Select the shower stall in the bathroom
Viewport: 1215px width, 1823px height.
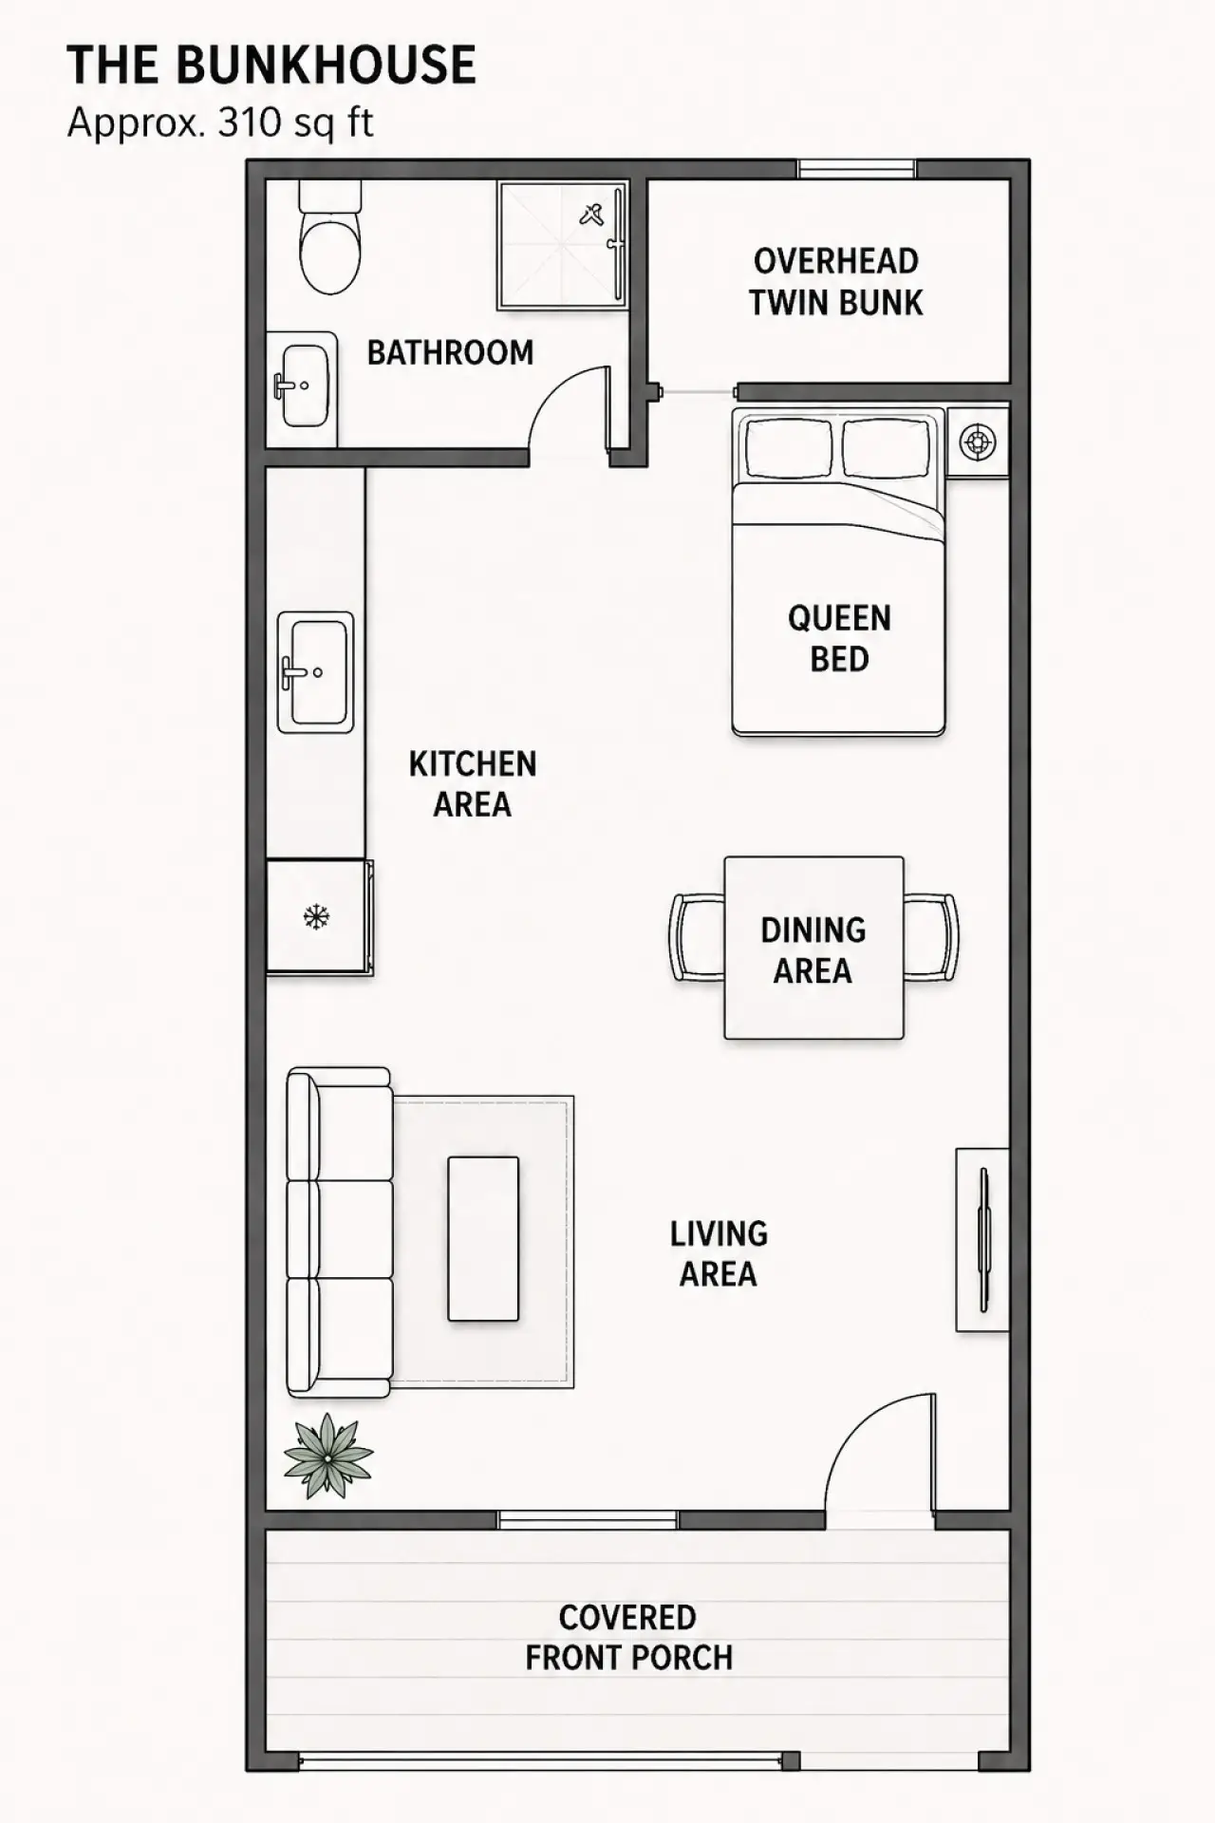(562, 246)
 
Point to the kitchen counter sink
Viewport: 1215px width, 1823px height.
(315, 672)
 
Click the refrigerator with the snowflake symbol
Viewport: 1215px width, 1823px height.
(319, 917)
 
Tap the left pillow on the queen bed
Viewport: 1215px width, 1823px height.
(789, 448)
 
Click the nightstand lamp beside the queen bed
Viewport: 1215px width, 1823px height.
(978, 442)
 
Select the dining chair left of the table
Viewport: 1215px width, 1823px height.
(698, 937)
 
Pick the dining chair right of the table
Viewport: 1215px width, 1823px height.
(931, 937)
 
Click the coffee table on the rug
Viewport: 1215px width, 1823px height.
(483, 1238)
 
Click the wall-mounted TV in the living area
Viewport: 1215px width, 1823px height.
(982, 1239)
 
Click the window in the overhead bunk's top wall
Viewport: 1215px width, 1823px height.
(856, 169)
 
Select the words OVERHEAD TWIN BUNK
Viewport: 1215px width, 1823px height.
(835, 282)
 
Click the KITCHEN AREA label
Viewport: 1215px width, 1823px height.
(473, 784)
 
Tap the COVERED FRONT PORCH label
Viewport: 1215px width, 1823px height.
(628, 1638)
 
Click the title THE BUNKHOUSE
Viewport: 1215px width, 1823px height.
(271, 66)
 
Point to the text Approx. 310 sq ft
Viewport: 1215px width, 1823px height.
(220, 122)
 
